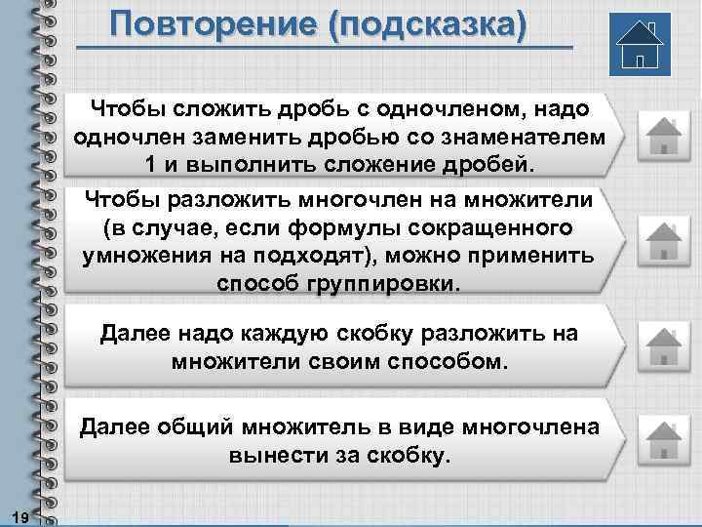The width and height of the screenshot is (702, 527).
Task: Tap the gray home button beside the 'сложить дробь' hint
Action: pos(662,135)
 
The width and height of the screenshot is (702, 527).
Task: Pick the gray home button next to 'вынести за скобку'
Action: pos(662,439)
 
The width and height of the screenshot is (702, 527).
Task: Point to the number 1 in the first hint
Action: pos(149,160)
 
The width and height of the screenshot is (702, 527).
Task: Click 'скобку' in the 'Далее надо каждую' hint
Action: pos(420,335)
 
